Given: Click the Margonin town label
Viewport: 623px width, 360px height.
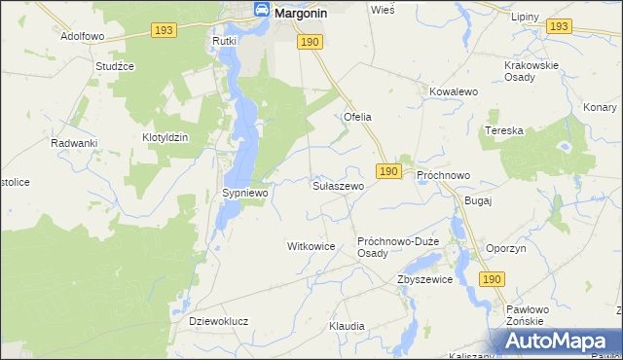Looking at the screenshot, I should [x=301, y=13].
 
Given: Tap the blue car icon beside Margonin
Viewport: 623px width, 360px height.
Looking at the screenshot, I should [x=262, y=9].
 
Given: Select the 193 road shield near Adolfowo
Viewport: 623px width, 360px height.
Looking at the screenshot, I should [x=164, y=32].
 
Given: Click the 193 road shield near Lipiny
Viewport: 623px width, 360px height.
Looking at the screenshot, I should [x=558, y=26].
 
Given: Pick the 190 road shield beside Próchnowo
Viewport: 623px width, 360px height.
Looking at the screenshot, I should [x=388, y=171].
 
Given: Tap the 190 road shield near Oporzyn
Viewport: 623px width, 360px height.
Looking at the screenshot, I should [x=493, y=279].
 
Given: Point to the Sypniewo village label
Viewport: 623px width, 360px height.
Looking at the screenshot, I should [x=244, y=194].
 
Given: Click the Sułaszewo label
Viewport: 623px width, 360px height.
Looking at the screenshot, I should [x=338, y=185].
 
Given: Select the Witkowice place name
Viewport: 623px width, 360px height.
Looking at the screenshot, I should [x=311, y=246].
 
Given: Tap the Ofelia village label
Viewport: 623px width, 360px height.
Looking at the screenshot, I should [x=357, y=117].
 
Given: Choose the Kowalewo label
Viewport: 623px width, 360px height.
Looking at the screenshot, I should [x=453, y=91].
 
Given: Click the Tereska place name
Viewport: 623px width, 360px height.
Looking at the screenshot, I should [x=505, y=130].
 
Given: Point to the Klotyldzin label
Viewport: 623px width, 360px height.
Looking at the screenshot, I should [x=165, y=137].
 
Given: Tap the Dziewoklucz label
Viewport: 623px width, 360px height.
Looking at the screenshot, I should [x=219, y=320].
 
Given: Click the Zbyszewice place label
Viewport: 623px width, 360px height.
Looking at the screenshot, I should [x=424, y=279].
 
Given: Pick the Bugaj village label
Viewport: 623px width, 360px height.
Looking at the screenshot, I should [x=479, y=199].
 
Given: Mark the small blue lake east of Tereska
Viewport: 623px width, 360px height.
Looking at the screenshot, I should [x=562, y=148].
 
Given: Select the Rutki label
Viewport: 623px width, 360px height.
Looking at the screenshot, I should [x=225, y=43].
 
